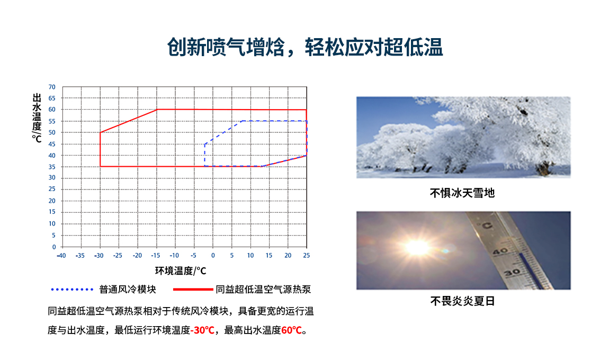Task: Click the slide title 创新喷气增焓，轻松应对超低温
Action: [x=304, y=48]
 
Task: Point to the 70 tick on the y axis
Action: [x=52, y=87]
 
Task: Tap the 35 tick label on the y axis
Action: [x=52, y=167]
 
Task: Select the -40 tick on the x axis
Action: [x=61, y=255]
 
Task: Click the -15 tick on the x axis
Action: [x=156, y=255]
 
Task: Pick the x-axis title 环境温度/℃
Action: [x=180, y=271]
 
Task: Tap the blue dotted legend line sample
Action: [x=72, y=290]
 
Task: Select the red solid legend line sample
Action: [x=192, y=290]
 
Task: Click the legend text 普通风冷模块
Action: [x=128, y=290]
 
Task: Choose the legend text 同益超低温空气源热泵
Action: [x=263, y=290]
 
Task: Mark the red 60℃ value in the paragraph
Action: [x=291, y=330]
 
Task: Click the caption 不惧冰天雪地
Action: [x=462, y=193]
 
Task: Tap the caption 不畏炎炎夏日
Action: [x=462, y=302]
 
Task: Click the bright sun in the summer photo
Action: [x=417, y=247]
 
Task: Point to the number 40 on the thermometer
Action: [x=500, y=251]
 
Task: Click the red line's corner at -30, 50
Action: [x=100, y=132]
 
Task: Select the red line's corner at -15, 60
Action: [x=157, y=110]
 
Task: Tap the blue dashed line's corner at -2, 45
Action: [x=205, y=143]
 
